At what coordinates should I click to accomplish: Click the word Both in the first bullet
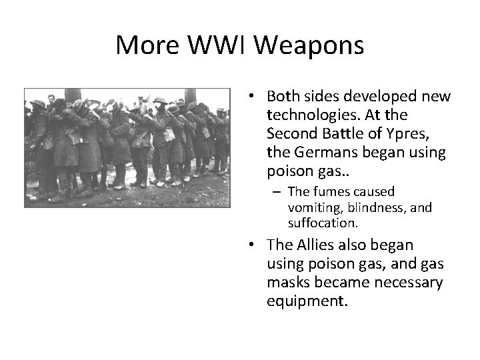pos(281,97)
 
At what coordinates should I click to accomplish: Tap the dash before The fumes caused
pos(275,192)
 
